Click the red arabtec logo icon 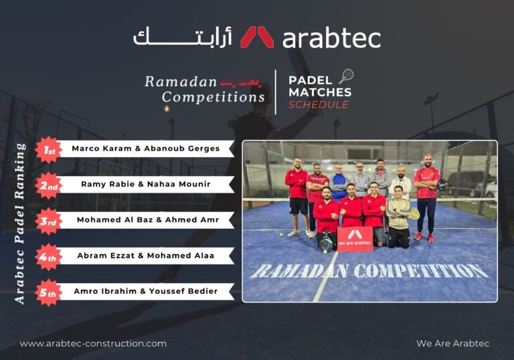click(257, 37)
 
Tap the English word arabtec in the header click(331, 38)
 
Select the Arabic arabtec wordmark click(182, 36)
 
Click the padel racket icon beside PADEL click(346, 76)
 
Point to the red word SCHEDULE click(319, 105)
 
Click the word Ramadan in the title click(181, 82)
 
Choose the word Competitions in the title click(213, 97)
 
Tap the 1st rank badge click(48, 149)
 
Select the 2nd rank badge click(48, 185)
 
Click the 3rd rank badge click(48, 221)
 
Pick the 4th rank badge click(48, 256)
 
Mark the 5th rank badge click(48, 292)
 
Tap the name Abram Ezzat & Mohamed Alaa click(146, 256)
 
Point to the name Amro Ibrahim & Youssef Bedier click(146, 291)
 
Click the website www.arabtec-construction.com click(93, 343)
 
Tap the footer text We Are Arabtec click(452, 343)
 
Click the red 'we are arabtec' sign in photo click(355, 239)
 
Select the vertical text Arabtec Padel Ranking click(21, 223)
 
